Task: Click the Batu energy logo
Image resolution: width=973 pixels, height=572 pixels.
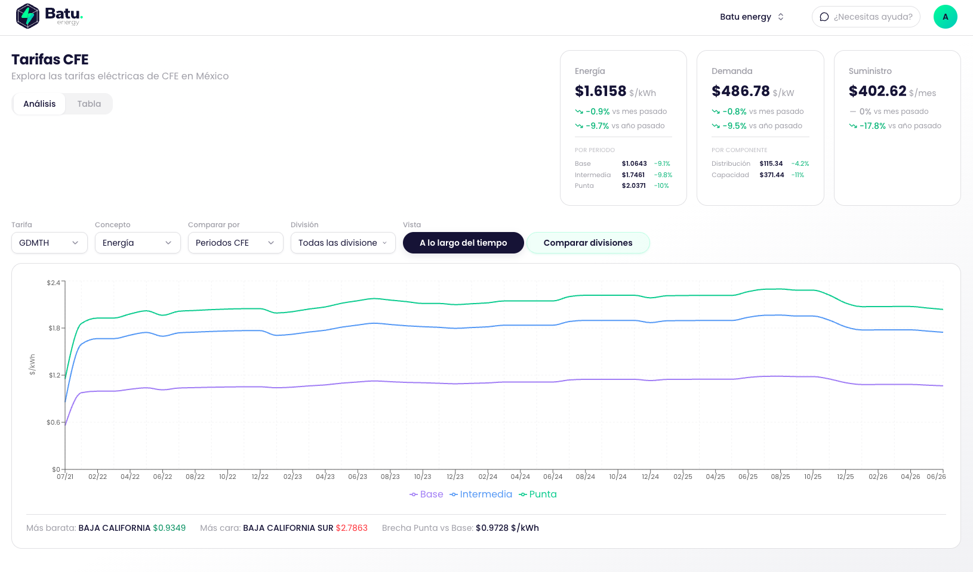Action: click(50, 16)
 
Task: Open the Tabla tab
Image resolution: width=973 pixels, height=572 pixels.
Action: click(89, 104)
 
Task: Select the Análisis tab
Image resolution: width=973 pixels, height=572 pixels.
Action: click(39, 104)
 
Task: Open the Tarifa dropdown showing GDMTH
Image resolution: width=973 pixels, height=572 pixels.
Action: click(49, 243)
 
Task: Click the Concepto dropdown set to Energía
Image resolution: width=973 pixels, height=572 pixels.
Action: click(137, 243)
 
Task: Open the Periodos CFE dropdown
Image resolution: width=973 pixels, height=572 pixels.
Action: click(235, 243)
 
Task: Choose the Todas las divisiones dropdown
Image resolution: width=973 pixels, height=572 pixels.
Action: click(343, 243)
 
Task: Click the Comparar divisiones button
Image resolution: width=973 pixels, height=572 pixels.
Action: click(588, 243)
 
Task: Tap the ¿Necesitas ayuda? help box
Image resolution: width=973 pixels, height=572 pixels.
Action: click(866, 17)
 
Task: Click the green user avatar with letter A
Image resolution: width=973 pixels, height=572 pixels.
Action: click(945, 17)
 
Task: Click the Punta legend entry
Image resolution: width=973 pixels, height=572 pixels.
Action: click(538, 494)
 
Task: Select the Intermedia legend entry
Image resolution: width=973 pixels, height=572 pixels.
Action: click(481, 494)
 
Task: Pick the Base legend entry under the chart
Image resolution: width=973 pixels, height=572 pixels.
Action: click(426, 494)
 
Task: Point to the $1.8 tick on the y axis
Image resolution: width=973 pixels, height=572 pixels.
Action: click(54, 328)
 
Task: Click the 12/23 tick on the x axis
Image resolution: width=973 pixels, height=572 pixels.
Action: click(455, 477)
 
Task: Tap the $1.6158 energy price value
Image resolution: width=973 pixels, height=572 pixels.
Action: click(601, 91)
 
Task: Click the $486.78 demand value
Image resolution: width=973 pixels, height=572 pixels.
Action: click(741, 91)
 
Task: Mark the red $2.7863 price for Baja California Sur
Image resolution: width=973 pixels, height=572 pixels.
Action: click(352, 528)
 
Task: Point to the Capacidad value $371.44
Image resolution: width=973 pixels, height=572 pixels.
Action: click(771, 175)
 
